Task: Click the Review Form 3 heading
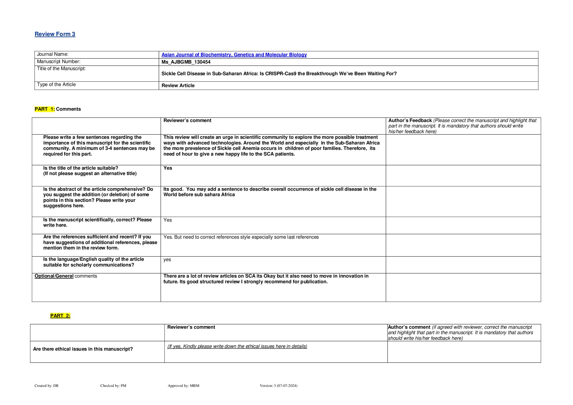pyautogui.click(x=55, y=34)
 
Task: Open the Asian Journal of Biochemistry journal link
pyautogui.click(x=234, y=55)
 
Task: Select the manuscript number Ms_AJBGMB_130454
pyautogui.click(x=186, y=62)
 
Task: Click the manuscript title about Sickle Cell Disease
pyautogui.click(x=279, y=74)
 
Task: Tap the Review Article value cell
pyautogui.click(x=178, y=85)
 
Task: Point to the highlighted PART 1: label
pyautogui.click(x=45, y=109)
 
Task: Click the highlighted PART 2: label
pyautogui.click(x=60, y=316)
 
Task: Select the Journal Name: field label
pyautogui.click(x=53, y=54)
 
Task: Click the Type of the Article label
pyautogui.click(x=56, y=85)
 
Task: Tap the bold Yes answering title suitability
pyautogui.click(x=168, y=168)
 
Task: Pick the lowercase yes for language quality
pyautogui.click(x=167, y=259)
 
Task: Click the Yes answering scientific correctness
pyautogui.click(x=168, y=220)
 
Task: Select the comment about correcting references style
pyautogui.click(x=241, y=237)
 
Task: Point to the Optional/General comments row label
pyautogui.click(x=66, y=276)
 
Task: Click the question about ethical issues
pyautogui.click(x=83, y=349)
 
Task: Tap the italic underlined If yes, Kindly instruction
pyautogui.click(x=237, y=346)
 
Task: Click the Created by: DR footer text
pyautogui.click(x=47, y=386)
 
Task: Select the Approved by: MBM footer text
pyautogui.click(x=184, y=386)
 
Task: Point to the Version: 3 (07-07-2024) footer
pyautogui.click(x=279, y=386)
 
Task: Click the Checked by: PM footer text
pyautogui.click(x=113, y=386)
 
